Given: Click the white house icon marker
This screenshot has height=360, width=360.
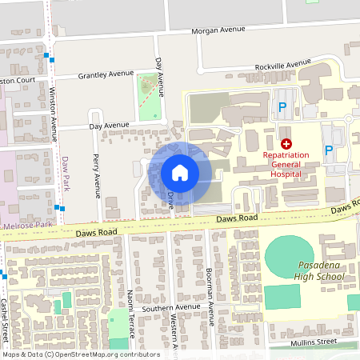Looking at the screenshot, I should (x=179, y=172).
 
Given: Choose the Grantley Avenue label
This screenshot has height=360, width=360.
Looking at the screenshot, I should (x=105, y=75).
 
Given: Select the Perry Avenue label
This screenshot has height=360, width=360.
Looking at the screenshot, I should (x=97, y=175).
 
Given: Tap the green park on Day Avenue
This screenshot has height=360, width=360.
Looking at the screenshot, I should (x=149, y=97).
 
